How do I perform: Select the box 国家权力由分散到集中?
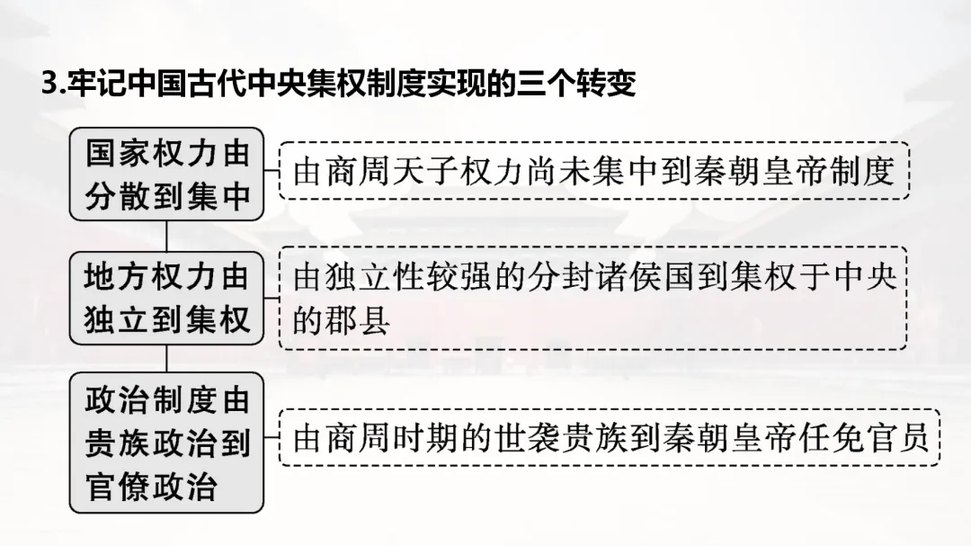click(167, 174)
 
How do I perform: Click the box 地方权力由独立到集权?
click(167, 299)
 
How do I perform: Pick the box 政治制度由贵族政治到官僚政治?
click(167, 443)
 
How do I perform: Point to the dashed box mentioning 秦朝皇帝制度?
click(593, 170)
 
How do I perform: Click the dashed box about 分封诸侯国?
click(593, 298)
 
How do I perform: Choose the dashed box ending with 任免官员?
click(610, 437)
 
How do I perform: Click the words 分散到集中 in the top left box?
click(167, 197)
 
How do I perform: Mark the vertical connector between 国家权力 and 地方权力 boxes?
click(167, 236)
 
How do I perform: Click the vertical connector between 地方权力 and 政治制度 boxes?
click(167, 358)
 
